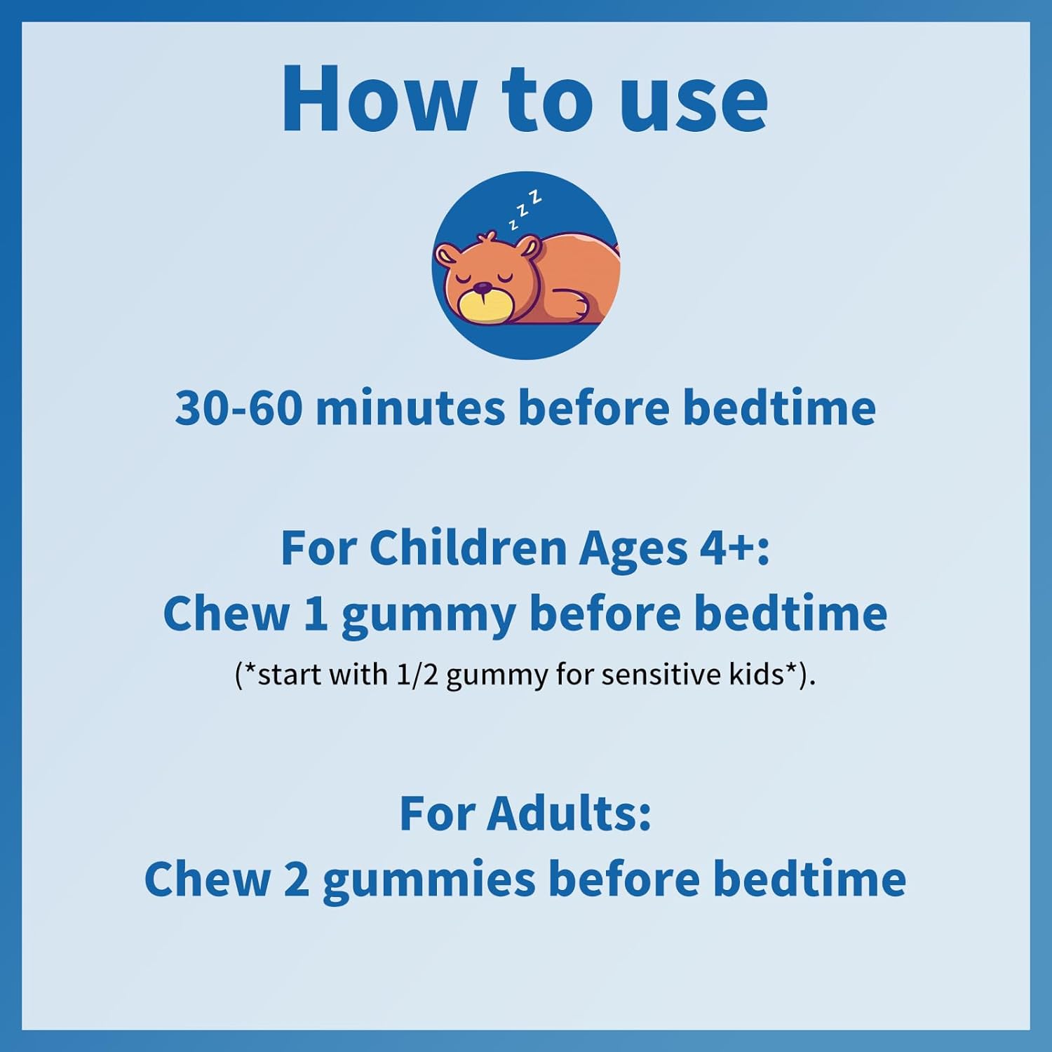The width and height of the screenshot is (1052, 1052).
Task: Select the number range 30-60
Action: [x=238, y=408]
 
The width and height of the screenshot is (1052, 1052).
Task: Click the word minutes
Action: [x=410, y=408]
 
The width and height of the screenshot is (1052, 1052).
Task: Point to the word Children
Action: [x=468, y=548]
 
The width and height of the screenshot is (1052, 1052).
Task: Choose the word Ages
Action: [x=633, y=551]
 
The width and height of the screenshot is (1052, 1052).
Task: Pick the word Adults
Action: [x=569, y=814]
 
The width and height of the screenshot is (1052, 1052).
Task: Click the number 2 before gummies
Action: [x=296, y=879]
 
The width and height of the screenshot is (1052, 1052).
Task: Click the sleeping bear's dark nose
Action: [x=483, y=287]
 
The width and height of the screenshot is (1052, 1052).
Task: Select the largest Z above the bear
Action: [x=536, y=197]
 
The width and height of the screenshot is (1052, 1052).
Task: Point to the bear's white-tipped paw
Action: [x=579, y=306]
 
